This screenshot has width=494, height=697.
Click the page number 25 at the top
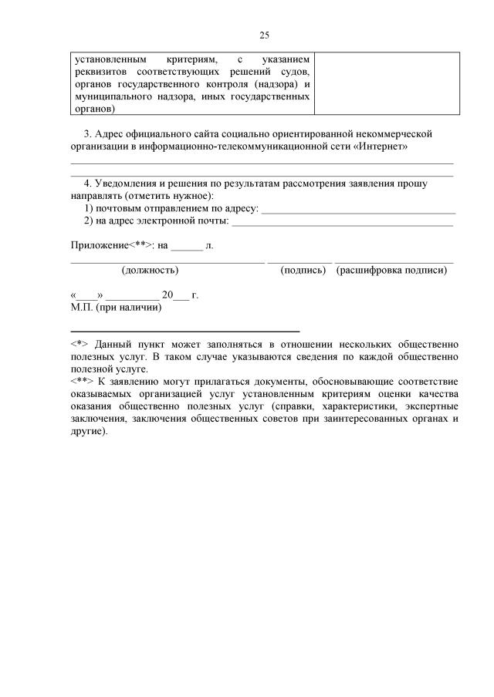[x=264, y=35]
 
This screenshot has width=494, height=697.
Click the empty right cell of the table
[x=386, y=83]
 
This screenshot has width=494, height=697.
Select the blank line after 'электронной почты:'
[x=342, y=222]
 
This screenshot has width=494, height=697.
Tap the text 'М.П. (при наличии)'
[x=116, y=307]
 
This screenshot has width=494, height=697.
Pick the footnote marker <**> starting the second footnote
[x=82, y=382]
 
